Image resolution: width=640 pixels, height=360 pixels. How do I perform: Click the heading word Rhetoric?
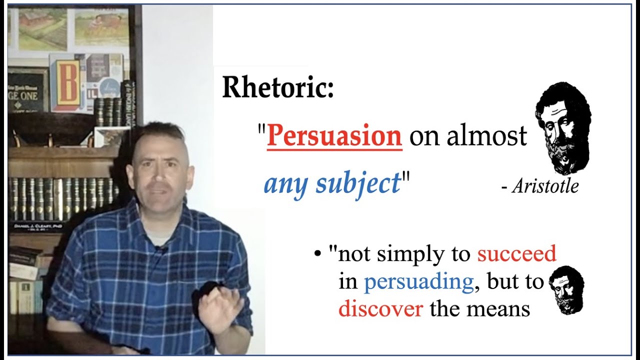point(277,88)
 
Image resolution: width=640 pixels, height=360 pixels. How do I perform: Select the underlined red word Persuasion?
point(334,136)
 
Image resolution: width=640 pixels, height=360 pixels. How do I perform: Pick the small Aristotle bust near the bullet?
point(566,289)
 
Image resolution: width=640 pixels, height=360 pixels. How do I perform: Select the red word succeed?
point(516,254)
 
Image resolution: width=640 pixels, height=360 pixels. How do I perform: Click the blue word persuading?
point(418,282)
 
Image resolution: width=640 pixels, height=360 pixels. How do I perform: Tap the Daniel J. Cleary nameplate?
point(38,226)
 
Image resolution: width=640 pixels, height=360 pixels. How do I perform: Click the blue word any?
point(283,184)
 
